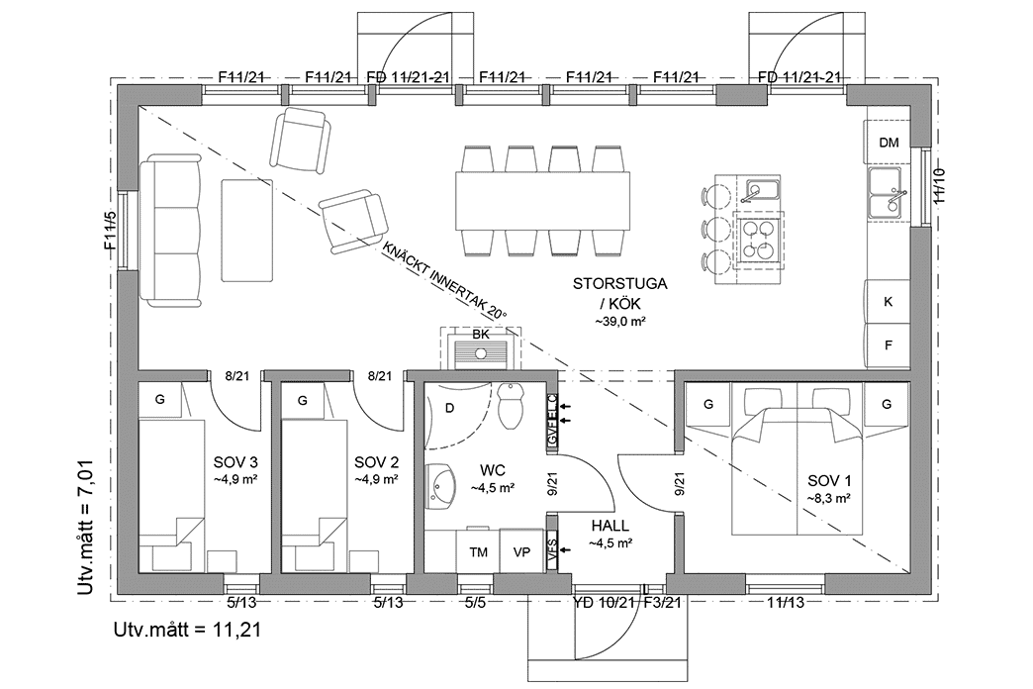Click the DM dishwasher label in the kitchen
pos(889,143)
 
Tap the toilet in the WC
pos(512,405)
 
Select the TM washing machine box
pos(478,551)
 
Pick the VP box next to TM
pos(521,551)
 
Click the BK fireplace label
pos(481,335)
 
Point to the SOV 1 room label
pos(829,481)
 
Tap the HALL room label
pos(610,526)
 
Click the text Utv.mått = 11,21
pos(188,630)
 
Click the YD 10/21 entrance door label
pos(605,602)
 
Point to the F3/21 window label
pos(662,602)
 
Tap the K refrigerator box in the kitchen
pos(889,301)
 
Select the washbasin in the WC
pos(439,485)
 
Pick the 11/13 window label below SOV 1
pos(786,602)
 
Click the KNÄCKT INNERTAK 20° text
pos(444,280)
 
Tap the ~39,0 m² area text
pos(619,322)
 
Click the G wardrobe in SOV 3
pos(159,400)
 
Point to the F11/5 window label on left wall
pos(110,231)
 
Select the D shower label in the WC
pos(450,408)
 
